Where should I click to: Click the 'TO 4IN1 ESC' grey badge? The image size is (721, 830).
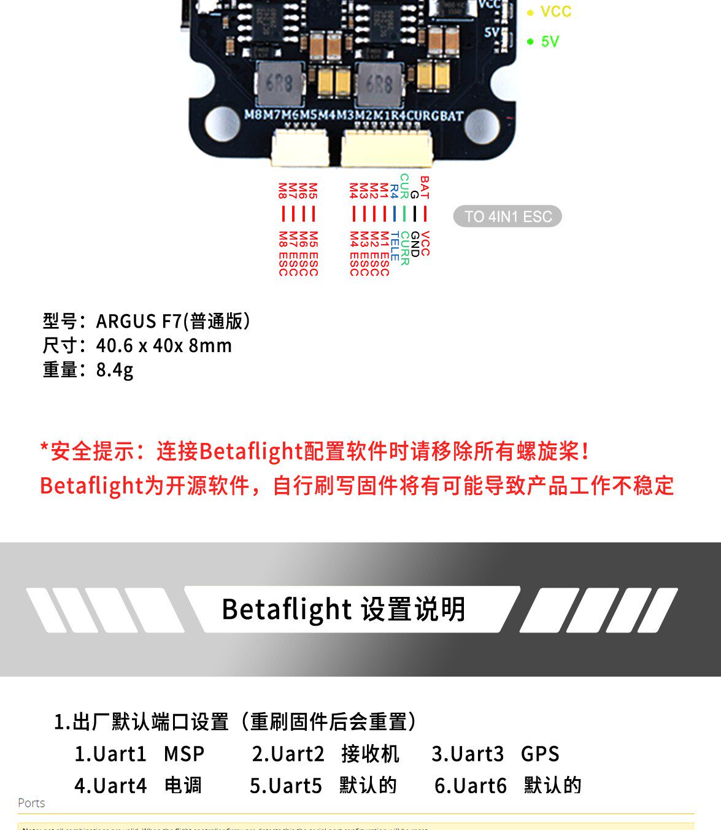(507, 217)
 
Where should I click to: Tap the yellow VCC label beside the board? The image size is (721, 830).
(555, 12)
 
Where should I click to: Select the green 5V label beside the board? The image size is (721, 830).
(550, 42)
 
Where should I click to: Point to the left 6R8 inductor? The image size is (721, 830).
(280, 82)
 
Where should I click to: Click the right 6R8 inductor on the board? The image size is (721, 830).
(379, 82)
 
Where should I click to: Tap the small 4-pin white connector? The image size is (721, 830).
(299, 148)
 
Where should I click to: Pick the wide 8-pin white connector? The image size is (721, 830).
(387, 148)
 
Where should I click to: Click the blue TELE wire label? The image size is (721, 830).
(395, 246)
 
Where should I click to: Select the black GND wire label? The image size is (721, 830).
(415, 244)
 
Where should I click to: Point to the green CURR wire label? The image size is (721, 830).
(405, 248)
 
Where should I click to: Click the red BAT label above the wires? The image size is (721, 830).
(425, 187)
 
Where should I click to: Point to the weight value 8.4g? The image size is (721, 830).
(115, 370)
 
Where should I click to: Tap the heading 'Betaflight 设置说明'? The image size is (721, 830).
(344, 609)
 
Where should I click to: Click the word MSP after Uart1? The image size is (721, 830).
(184, 754)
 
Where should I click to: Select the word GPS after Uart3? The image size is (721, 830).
(540, 754)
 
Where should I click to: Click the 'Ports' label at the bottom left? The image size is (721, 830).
(31, 803)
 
